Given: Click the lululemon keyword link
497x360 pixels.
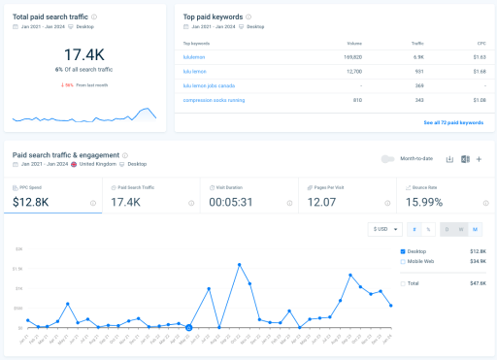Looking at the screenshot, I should pos(195,57).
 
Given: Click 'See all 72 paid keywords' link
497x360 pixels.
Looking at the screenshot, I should pos(452,122).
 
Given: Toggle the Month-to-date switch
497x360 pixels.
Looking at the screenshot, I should pos(388,159).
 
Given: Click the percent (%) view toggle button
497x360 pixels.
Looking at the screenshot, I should pos(428,229).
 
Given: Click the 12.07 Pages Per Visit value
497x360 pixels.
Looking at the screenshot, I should pos(323,202).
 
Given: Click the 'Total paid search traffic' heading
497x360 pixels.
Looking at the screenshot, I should pos(50,17).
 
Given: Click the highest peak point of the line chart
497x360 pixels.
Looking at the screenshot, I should pos(240,264).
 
